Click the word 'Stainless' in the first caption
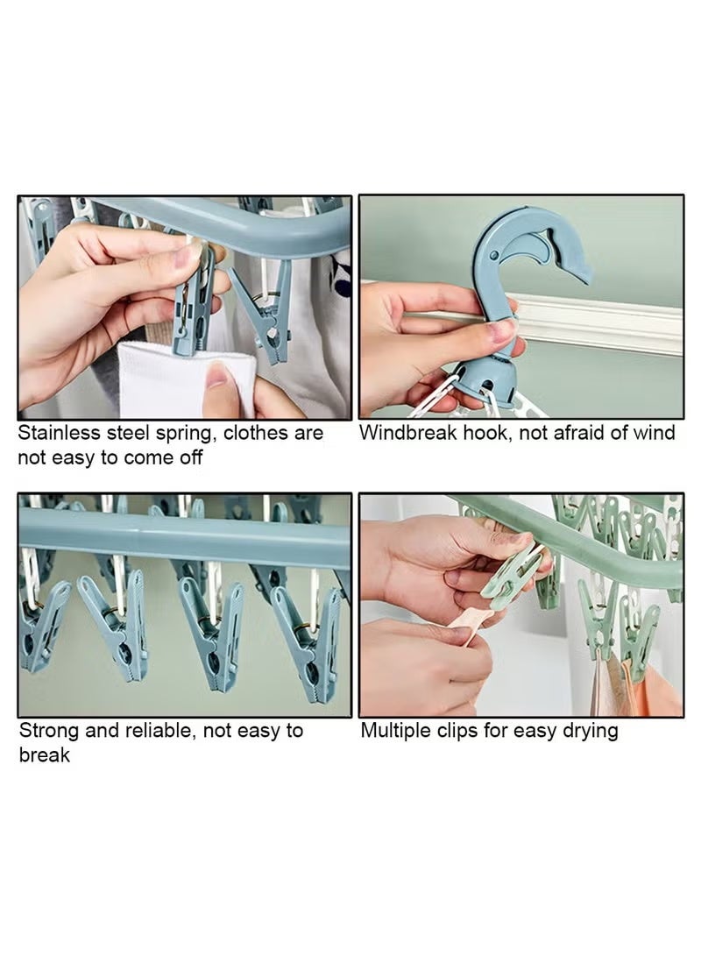(x=58, y=433)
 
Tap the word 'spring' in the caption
(x=185, y=433)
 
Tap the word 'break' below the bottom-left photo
(x=44, y=754)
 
